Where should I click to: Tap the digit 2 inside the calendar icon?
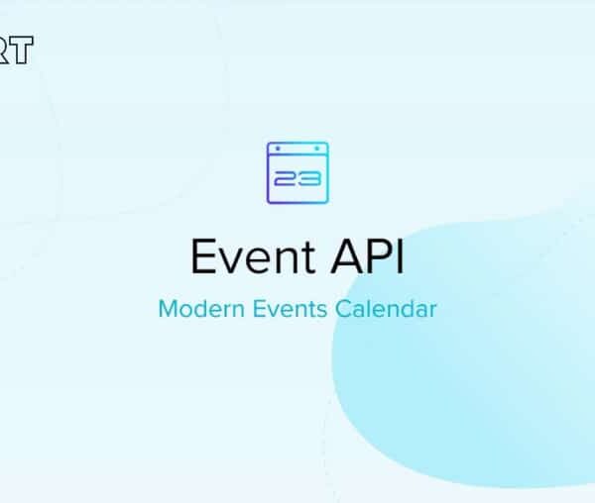[289, 178]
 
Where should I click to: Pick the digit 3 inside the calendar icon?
[307, 178]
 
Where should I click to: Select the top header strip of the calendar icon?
[297, 149]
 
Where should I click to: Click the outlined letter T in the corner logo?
[22, 50]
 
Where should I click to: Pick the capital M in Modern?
[168, 309]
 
